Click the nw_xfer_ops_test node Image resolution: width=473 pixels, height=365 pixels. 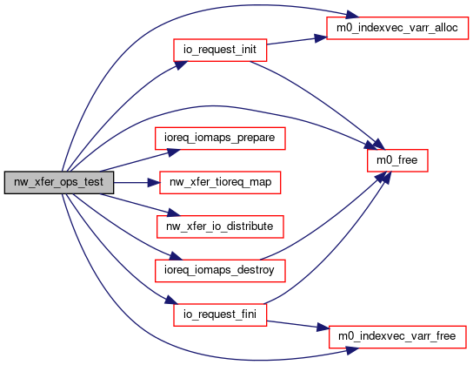59,183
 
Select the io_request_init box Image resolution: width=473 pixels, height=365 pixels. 220,50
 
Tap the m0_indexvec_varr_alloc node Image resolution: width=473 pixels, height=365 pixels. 397,28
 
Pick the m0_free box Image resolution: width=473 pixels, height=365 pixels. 397,160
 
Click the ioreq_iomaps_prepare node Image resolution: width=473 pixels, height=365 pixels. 220,139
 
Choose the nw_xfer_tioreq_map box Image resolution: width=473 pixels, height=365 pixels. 220,183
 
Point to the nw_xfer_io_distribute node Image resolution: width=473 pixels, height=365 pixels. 220,226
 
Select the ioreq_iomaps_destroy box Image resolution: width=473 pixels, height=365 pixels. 220,271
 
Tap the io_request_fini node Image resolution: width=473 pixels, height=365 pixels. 220,314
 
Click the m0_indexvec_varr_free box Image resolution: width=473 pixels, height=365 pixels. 397,337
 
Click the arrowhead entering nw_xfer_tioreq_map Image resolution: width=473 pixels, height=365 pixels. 154,183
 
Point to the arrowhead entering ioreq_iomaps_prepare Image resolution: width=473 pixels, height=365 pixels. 174,152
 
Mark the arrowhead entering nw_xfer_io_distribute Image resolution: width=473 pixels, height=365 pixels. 174,213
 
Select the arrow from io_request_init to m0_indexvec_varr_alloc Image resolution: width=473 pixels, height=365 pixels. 296,41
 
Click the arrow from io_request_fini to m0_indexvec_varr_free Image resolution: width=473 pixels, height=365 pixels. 297,325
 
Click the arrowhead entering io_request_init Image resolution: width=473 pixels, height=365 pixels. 180,65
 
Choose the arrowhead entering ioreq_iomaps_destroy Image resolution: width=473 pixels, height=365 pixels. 176,256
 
